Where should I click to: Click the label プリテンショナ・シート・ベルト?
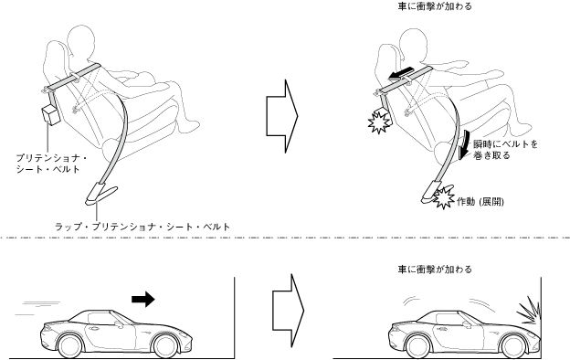point(51,164)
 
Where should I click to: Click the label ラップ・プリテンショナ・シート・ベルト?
point(142,227)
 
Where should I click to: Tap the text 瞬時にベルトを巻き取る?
point(505,150)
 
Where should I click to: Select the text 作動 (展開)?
point(480,202)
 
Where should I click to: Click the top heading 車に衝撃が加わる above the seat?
point(435,6)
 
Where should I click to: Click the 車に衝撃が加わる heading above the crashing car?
point(435,270)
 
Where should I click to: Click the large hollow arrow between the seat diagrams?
point(282,116)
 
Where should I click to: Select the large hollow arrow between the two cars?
point(289,311)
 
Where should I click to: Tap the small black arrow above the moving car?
point(143,299)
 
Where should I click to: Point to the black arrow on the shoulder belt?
point(400,73)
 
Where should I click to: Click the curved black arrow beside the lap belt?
point(465,144)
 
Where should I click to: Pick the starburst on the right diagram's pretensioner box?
point(378,122)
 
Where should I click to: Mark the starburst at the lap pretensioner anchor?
point(443,197)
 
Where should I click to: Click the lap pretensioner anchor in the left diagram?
point(100,195)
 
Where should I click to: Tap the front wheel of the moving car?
point(167,345)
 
